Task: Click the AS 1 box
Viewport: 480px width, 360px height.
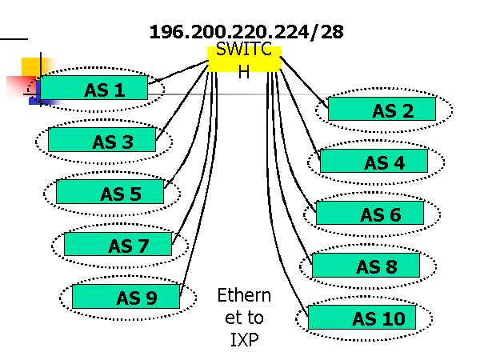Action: click(94, 88)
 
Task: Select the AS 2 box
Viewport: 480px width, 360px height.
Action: click(382, 109)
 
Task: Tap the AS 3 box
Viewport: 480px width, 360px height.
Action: click(102, 140)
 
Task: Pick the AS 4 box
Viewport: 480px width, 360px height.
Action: click(374, 161)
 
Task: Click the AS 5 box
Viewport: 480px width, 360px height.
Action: click(110, 192)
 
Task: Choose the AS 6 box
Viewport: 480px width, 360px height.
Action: click(370, 213)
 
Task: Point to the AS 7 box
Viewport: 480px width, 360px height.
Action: click(118, 244)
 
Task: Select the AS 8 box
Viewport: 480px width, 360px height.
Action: click(366, 265)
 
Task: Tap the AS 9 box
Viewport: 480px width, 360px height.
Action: click(126, 296)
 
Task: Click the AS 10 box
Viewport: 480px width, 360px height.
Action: click(362, 317)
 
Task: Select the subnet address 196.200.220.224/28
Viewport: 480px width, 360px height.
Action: click(246, 33)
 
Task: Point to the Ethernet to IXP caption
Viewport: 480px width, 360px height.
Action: click(244, 317)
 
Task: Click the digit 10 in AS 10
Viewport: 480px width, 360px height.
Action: click(393, 319)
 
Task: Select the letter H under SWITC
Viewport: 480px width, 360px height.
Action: click(244, 70)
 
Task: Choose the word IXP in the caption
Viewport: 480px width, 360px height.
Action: click(244, 338)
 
